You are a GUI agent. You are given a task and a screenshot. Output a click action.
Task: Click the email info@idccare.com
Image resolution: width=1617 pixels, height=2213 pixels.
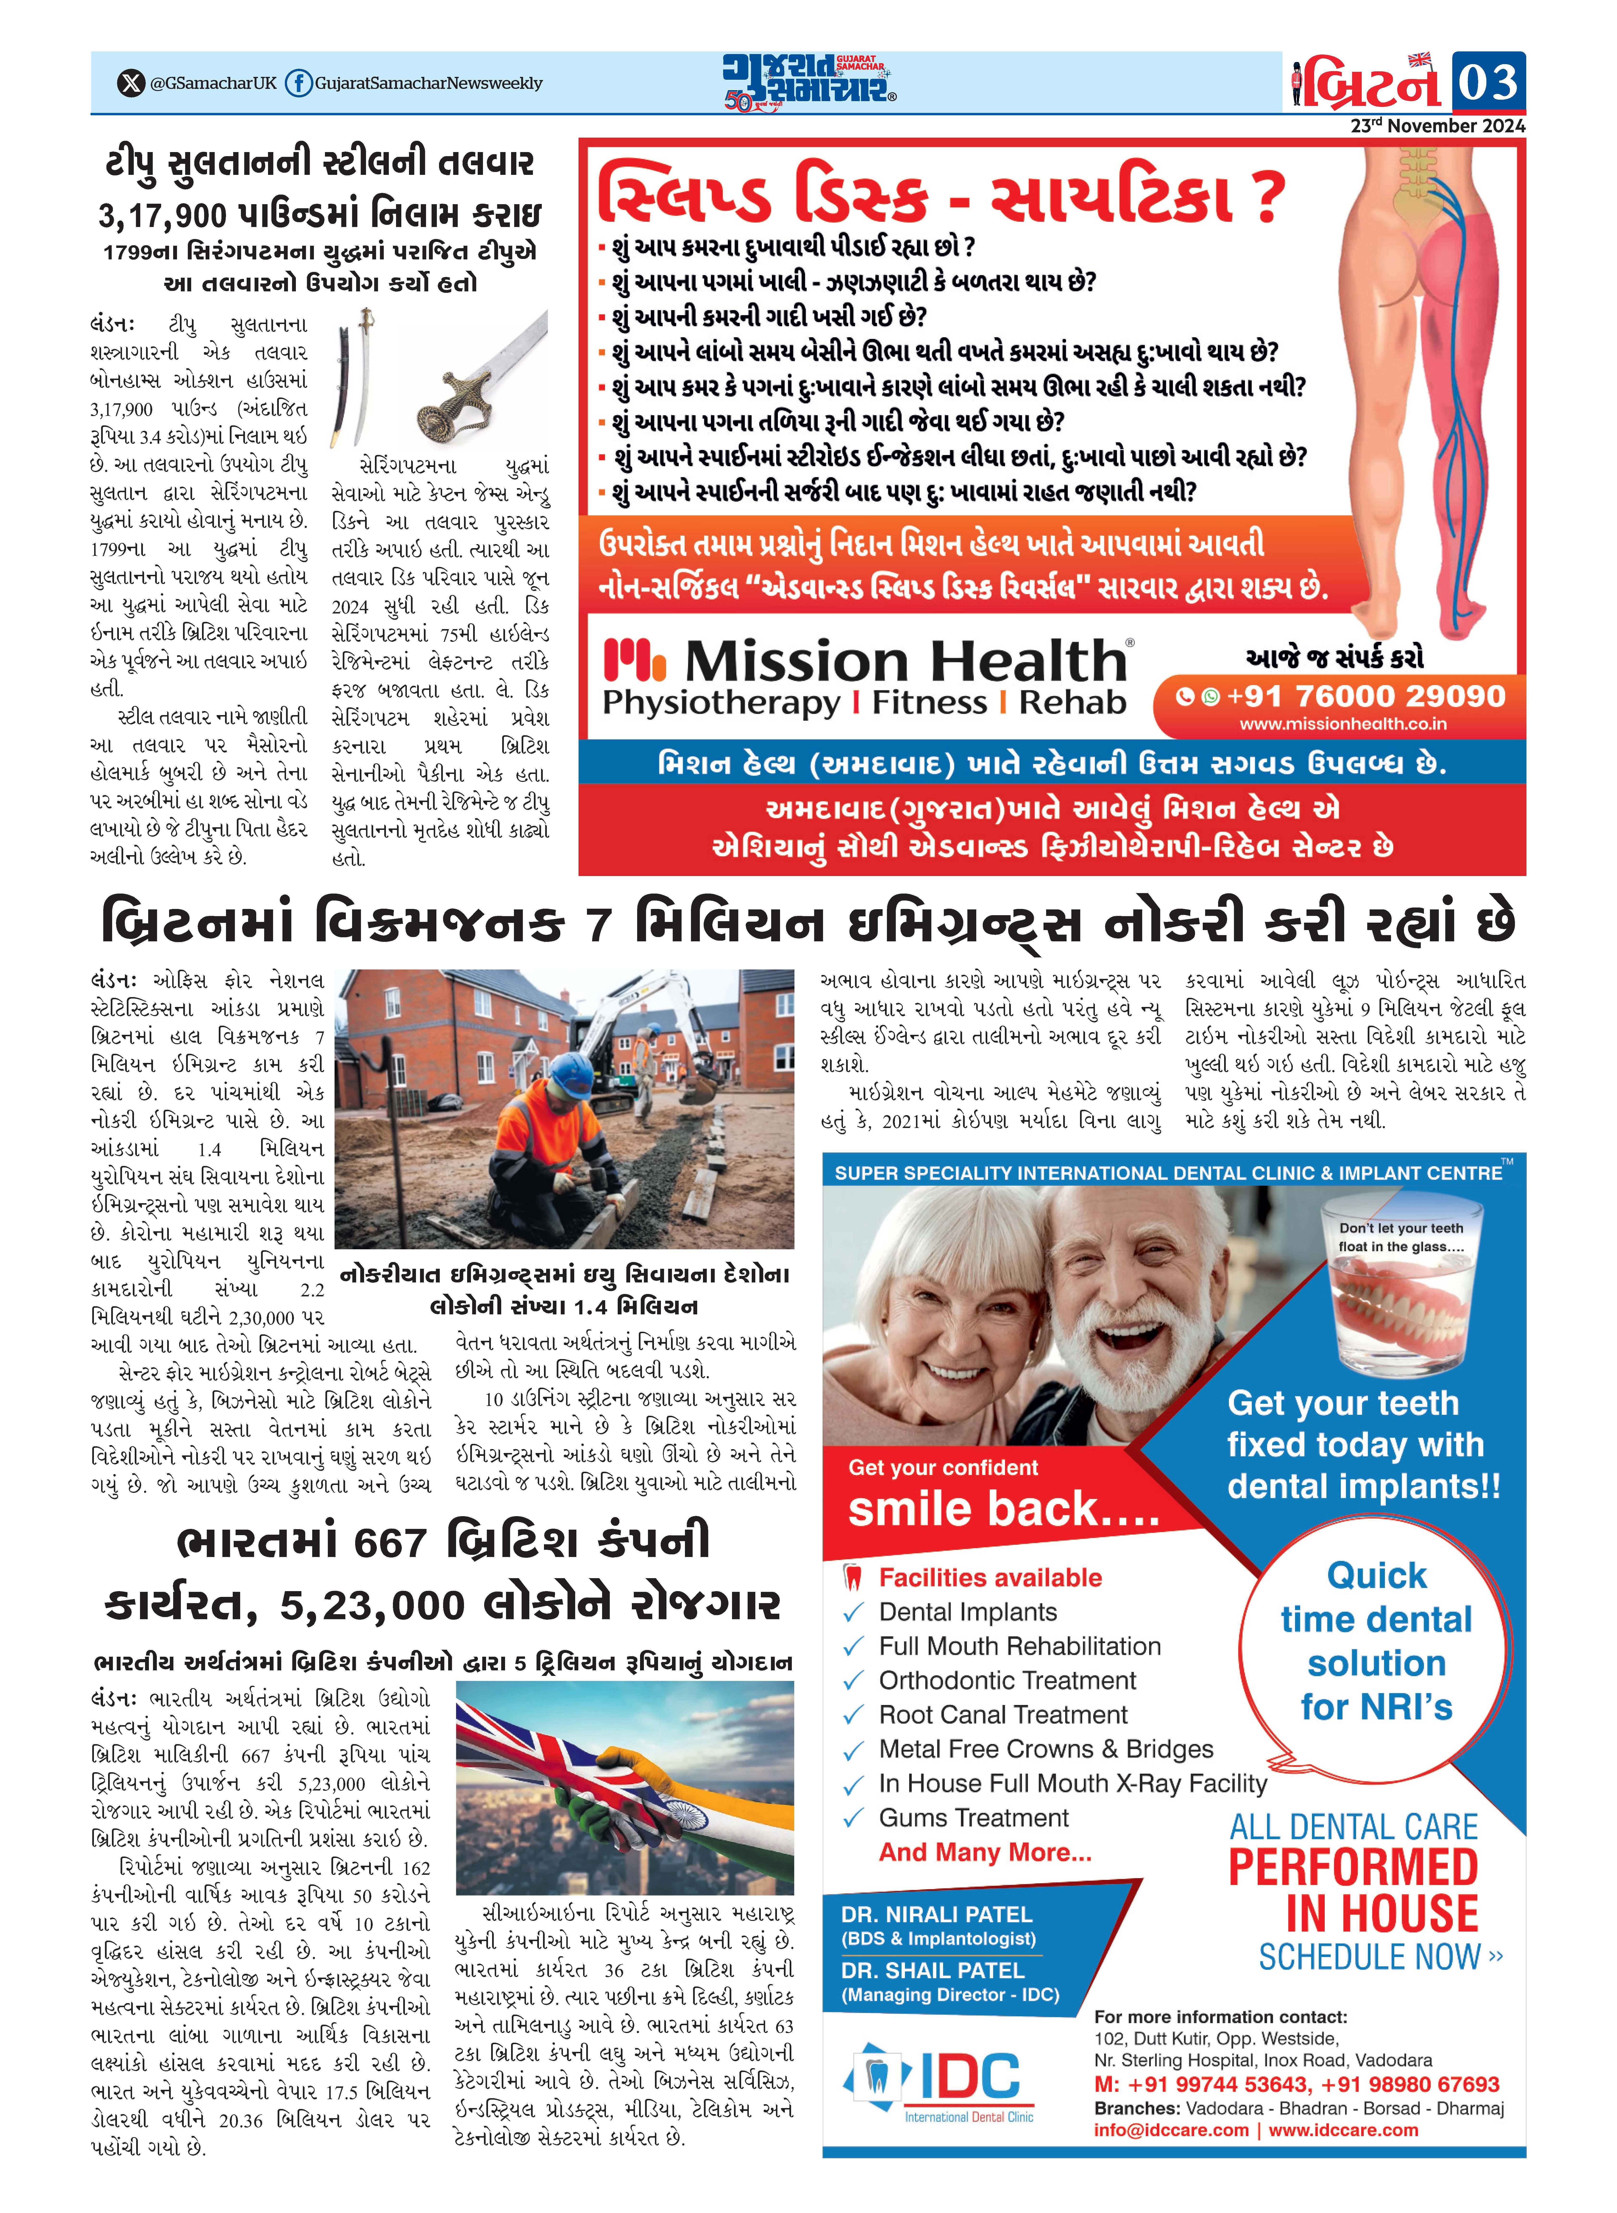(1171, 2131)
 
